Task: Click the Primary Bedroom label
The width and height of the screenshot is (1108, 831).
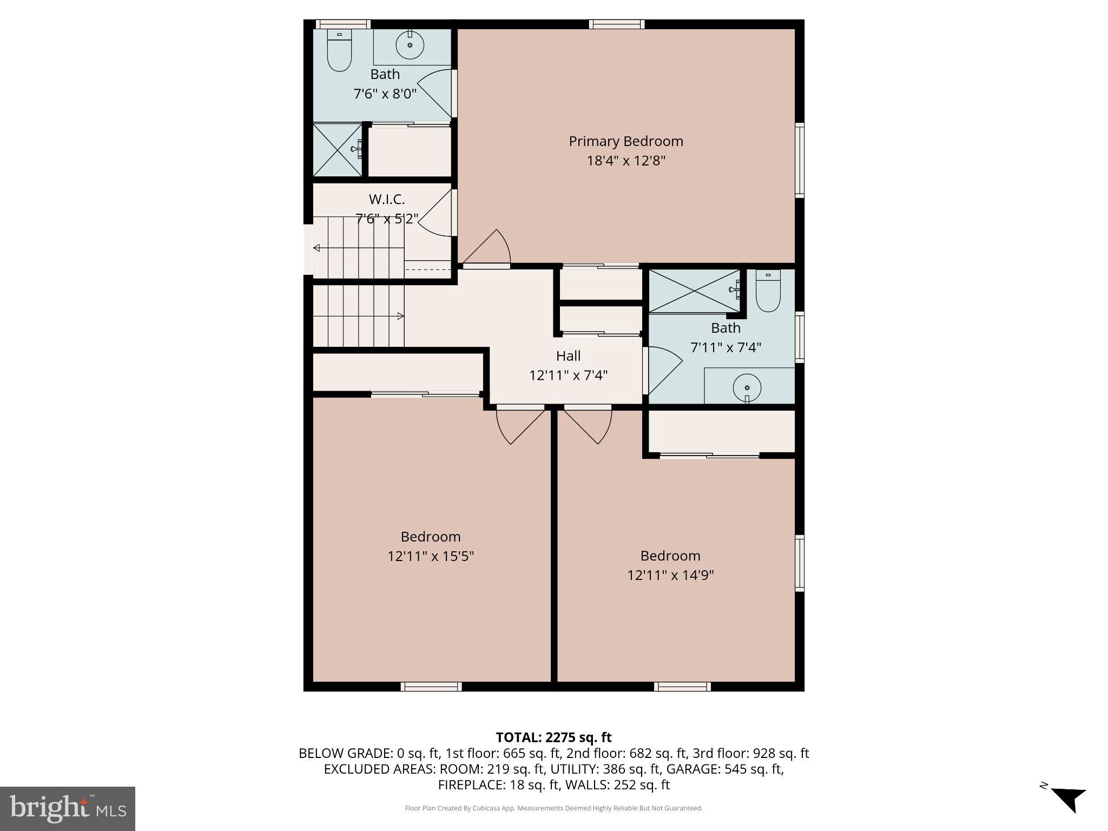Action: (625, 141)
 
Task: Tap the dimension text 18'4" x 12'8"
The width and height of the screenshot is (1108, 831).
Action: (625, 161)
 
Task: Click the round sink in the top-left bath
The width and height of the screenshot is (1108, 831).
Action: (410, 45)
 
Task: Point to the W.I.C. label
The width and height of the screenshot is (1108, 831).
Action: (387, 199)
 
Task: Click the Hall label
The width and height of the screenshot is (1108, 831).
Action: (568, 355)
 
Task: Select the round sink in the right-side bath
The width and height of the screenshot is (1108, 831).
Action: (747, 387)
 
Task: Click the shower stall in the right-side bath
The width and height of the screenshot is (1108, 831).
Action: (694, 291)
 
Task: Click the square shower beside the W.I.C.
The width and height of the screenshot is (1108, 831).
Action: (338, 150)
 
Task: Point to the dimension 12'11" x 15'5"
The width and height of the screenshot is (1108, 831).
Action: (431, 556)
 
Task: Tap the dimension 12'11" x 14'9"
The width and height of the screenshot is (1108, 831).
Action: (670, 575)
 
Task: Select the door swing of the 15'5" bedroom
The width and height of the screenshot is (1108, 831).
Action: (517, 425)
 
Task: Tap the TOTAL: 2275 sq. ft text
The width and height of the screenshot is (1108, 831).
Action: (553, 737)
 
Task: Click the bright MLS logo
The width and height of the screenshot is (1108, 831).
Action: (68, 808)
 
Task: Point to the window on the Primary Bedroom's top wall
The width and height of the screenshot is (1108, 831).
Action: (616, 24)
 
